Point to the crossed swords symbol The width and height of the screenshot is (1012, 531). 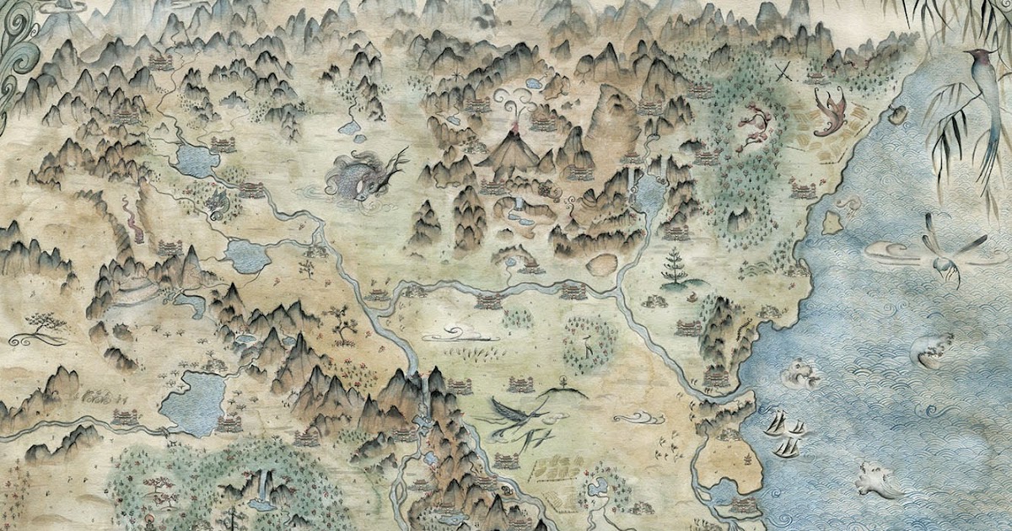point(784,72)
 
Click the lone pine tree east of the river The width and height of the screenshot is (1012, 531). point(675,265)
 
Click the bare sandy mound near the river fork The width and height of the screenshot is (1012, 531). point(600,265)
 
